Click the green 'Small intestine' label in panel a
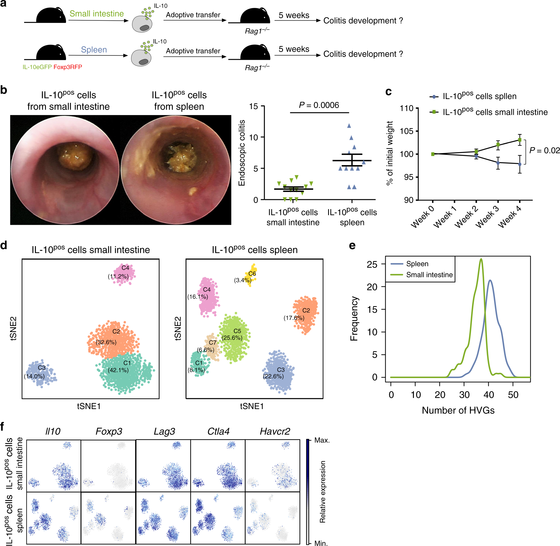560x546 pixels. click(96, 14)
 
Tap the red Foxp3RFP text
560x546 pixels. click(68, 67)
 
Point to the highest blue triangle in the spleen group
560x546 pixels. click(349, 126)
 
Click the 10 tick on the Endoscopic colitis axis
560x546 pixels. click(254, 138)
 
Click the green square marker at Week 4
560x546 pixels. click(520, 140)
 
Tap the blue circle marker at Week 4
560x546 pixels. click(520, 164)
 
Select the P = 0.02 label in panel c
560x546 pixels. click(544, 150)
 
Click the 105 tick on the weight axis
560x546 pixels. click(406, 131)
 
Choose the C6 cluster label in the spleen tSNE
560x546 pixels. click(252, 274)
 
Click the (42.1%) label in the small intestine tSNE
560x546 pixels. click(118, 370)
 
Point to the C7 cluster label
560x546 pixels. click(212, 342)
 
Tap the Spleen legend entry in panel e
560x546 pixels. click(417, 264)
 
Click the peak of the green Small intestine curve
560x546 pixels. click(481, 260)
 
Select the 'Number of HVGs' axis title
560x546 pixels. click(458, 410)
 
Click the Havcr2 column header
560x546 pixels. click(275, 431)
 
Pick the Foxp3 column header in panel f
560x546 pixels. click(109, 431)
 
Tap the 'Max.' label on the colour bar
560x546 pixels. click(322, 440)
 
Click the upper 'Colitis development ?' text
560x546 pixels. click(363, 21)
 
